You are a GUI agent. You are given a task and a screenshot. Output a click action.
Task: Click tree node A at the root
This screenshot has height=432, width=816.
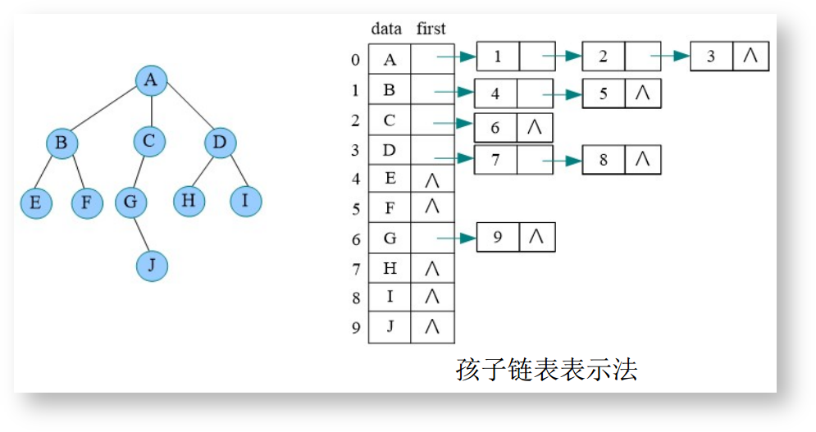[151, 80]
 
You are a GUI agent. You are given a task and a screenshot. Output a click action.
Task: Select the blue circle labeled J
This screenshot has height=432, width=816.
[151, 266]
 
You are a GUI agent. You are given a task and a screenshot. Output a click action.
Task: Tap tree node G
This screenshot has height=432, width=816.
[130, 202]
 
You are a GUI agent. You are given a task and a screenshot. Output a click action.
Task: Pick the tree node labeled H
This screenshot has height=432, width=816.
[189, 200]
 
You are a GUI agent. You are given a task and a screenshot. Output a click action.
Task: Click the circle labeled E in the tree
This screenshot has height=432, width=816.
[36, 202]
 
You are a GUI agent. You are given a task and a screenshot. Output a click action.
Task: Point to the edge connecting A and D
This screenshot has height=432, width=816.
[185, 111]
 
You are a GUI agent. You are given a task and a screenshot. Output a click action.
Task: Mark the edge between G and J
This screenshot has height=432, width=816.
[141, 234]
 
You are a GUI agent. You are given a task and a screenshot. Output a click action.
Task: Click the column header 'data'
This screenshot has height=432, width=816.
[386, 29]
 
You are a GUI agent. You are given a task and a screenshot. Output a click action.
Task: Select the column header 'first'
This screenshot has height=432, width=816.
[431, 29]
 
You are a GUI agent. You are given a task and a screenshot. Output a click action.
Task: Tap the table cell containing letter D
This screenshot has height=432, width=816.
[390, 150]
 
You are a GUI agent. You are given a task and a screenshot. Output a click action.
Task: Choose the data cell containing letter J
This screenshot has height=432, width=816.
[390, 325]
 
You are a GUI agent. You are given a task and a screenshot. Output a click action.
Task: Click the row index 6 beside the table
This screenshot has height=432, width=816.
[355, 239]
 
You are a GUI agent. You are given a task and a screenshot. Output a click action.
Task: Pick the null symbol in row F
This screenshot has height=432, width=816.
[432, 207]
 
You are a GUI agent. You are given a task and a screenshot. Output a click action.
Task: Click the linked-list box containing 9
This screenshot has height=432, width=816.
[497, 238]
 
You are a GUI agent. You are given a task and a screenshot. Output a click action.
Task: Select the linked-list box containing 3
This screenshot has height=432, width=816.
[711, 57]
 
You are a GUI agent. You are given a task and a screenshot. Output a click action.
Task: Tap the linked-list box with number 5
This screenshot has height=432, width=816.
[604, 93]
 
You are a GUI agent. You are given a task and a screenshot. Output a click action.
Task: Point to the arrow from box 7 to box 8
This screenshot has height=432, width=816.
[562, 161]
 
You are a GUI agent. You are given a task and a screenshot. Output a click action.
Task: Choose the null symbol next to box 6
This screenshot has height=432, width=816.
[535, 127]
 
